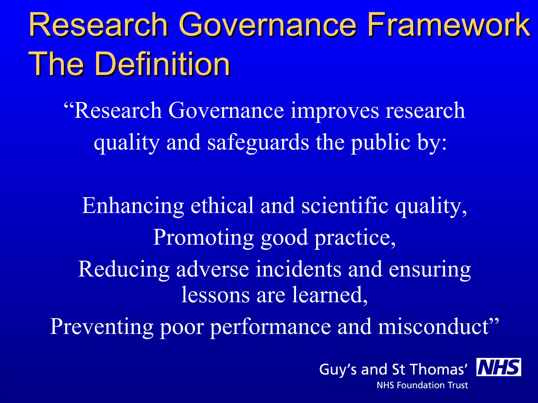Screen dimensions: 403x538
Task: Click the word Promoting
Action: pyautogui.click(x=203, y=237)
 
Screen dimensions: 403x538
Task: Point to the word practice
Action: pyautogui.click(x=355, y=237)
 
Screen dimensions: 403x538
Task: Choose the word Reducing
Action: pyautogui.click(x=124, y=269)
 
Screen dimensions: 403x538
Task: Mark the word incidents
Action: pyautogui.click(x=298, y=269)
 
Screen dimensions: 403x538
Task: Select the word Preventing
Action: pyautogui.click(x=102, y=327)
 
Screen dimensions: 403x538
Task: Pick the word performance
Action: pyautogui.click(x=270, y=327)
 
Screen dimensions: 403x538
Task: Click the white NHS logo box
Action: pyautogui.click(x=499, y=367)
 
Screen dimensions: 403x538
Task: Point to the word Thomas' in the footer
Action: pyautogui.click(x=438, y=369)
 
